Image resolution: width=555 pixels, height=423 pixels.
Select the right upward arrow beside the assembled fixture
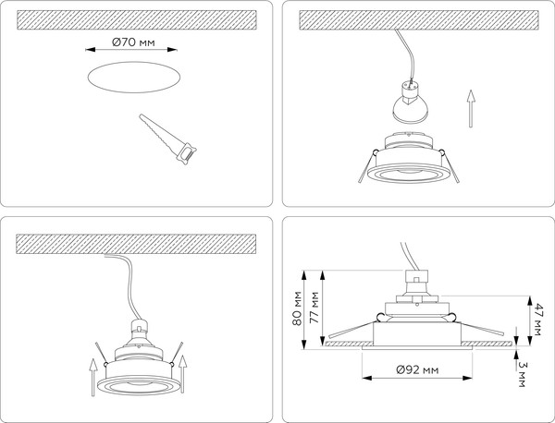tap(182, 370)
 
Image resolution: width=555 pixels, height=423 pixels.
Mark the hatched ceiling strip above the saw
tap(135, 19)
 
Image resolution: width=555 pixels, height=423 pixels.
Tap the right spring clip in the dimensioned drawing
tap(485, 332)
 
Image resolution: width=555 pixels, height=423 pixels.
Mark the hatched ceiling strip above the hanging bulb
tap(413, 19)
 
